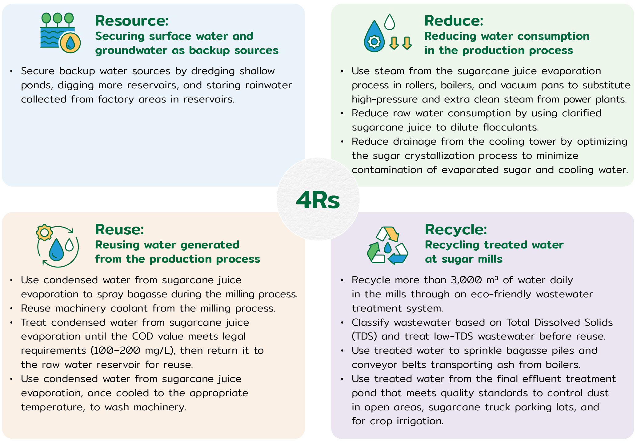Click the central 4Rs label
[318, 200]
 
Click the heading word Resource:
[132, 21]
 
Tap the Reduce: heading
[454, 21]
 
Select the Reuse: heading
[119, 229]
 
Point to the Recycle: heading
[456, 229]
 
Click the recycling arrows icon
[387, 245]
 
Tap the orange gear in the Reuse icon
[45, 232]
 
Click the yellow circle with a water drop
[70, 43]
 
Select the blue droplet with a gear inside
[374, 36]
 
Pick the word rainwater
[268, 85]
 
